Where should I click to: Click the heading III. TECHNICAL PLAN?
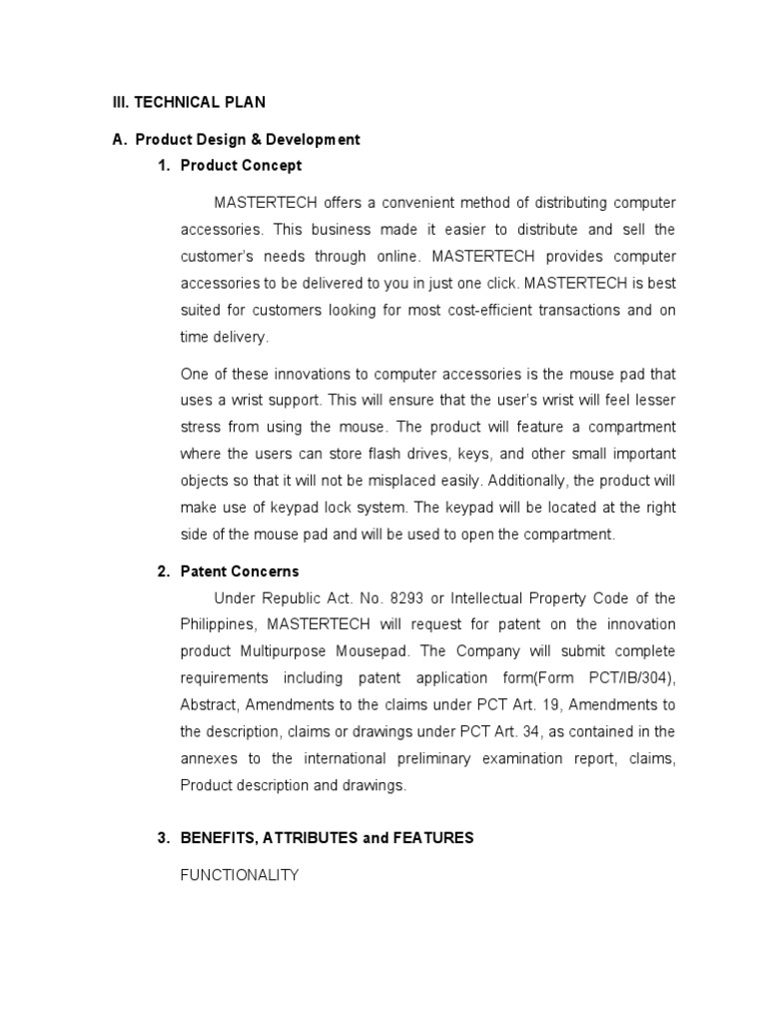click(189, 102)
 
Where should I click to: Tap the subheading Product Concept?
click(241, 165)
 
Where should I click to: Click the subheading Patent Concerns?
click(240, 571)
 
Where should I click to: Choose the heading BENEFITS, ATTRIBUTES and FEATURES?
click(327, 838)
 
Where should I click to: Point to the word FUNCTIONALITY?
click(240, 875)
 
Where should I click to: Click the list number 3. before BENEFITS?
click(164, 838)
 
